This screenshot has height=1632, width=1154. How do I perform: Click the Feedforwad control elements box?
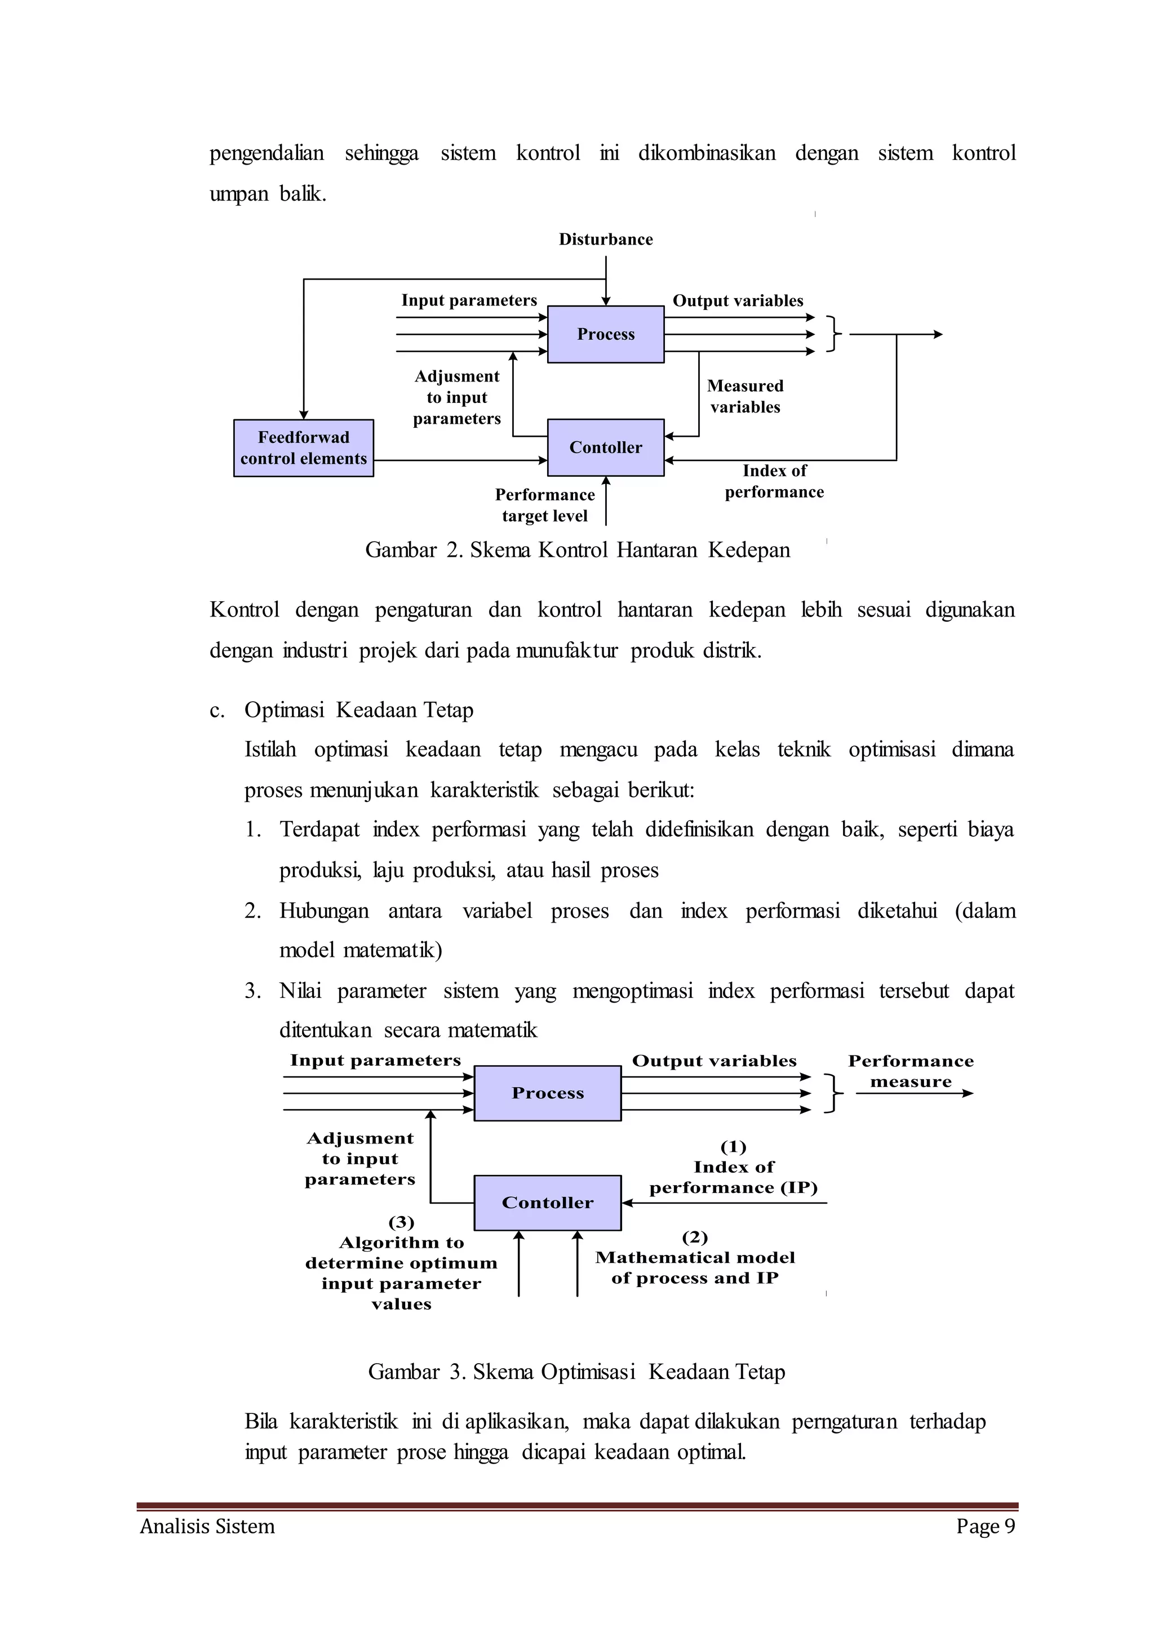pyautogui.click(x=303, y=448)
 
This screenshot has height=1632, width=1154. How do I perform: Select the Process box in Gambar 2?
pyautogui.click(x=605, y=334)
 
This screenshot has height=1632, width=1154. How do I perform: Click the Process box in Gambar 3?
pyautogui.click(x=547, y=1093)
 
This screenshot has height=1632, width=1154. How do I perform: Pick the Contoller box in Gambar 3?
pyautogui.click(x=547, y=1203)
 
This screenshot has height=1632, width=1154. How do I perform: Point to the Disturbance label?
pyautogui.click(x=605, y=240)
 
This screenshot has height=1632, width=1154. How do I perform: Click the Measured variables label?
pyautogui.click(x=745, y=397)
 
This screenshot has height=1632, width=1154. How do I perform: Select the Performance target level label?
pyautogui.click(x=545, y=505)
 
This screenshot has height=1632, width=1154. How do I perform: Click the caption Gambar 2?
pyautogui.click(x=577, y=550)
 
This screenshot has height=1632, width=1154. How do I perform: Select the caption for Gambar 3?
pyautogui.click(x=576, y=1372)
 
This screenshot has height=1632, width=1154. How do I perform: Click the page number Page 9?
pyautogui.click(x=985, y=1526)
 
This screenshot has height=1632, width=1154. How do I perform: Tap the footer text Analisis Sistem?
pyautogui.click(x=207, y=1526)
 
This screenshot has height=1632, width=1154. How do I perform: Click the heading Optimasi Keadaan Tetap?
pyautogui.click(x=359, y=710)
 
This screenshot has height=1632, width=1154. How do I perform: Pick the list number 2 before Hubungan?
pyautogui.click(x=253, y=911)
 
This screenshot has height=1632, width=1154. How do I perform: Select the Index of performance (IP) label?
pyautogui.click(x=733, y=1177)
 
